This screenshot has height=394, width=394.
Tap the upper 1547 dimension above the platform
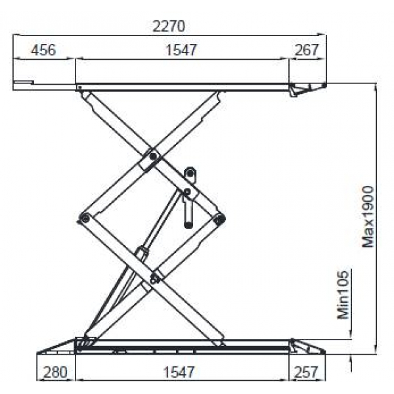coord(181,50)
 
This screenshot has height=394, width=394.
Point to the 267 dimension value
coord(306,50)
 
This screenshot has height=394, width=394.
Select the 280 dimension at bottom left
coord(55,372)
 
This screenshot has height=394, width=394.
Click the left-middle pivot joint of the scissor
coord(83,218)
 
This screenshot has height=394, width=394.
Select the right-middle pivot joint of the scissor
coord(219,218)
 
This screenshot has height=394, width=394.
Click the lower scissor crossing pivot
coord(154,278)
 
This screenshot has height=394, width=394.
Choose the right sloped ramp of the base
coord(309,346)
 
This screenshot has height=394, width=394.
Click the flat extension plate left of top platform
coord(23,83)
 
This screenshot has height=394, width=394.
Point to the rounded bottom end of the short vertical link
coord(188,225)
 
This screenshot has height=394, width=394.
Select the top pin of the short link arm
coord(190,173)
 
